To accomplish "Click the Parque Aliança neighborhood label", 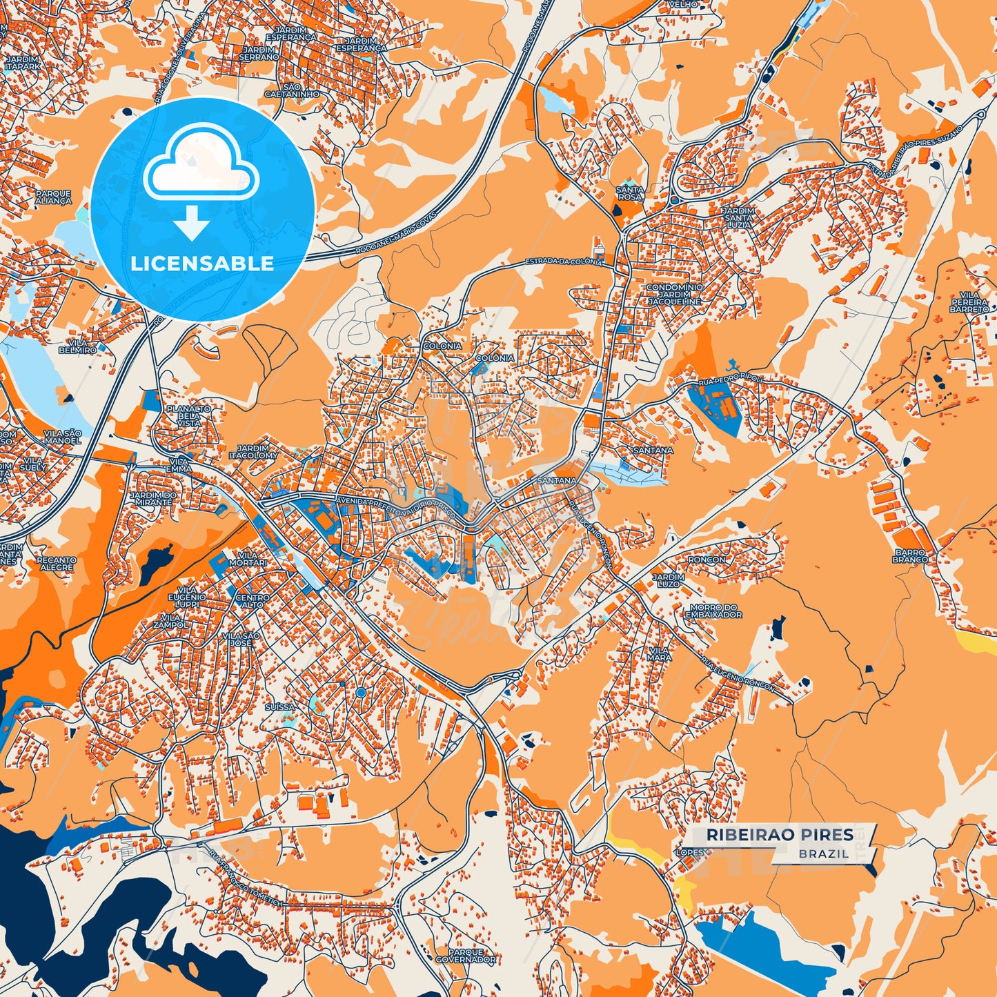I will click(x=53, y=197).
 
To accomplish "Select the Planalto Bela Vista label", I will click(x=188, y=415).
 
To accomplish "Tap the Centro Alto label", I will click(x=253, y=600).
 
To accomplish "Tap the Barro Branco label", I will click(x=910, y=556).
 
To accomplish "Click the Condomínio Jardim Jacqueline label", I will click(x=674, y=295).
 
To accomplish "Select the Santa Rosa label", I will click(x=629, y=193).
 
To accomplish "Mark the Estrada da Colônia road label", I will click(x=564, y=262).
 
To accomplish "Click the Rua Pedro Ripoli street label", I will click(x=731, y=379).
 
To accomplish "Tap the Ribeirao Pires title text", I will click(x=779, y=835).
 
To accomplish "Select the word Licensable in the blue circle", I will click(x=202, y=264).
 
